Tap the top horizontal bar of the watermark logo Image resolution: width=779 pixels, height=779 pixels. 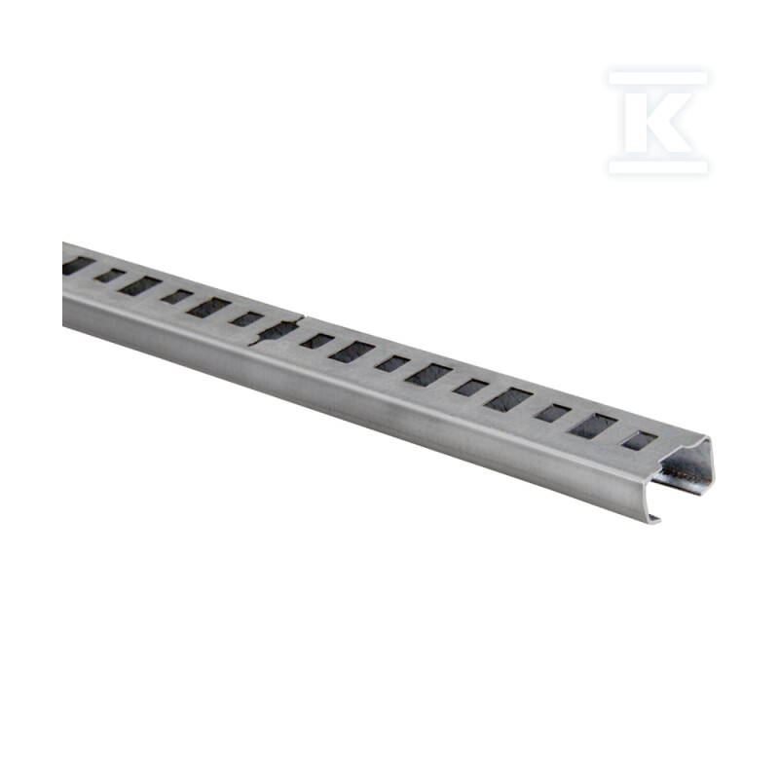pyautogui.click(x=658, y=79)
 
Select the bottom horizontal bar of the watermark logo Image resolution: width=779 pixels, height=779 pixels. pyautogui.click(x=658, y=167)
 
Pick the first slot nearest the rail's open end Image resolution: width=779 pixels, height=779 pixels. pyautogui.click(x=639, y=441)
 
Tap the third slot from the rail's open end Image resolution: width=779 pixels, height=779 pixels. pyautogui.click(x=553, y=413)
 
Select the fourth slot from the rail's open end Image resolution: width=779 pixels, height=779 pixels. pyautogui.click(x=508, y=400)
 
